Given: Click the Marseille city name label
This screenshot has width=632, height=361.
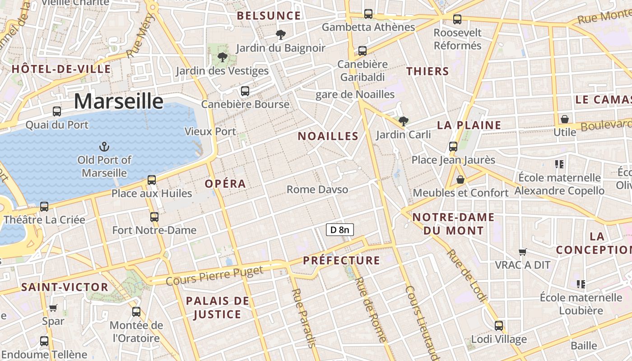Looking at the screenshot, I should [118, 101].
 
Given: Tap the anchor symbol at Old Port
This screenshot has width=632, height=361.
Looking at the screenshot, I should [104, 147].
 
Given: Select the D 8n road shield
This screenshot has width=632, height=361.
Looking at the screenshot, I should [339, 230].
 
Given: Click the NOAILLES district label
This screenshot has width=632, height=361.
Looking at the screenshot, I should [328, 136].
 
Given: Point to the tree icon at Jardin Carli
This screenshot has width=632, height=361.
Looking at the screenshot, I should [404, 121].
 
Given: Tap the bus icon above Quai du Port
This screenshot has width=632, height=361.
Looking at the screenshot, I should [57, 111].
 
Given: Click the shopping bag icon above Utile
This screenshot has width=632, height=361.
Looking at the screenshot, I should [564, 119].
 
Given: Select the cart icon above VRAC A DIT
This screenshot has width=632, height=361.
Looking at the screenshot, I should [523, 252].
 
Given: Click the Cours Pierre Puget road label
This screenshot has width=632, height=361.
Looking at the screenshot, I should [214, 276].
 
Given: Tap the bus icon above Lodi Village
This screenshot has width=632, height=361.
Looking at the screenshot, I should [499, 325].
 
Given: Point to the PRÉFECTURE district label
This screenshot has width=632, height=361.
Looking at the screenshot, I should [341, 260].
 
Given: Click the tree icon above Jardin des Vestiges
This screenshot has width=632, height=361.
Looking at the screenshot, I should [222, 57].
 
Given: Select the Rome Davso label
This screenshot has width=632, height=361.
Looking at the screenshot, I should [317, 189].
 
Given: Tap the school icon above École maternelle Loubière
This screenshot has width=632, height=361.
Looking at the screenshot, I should [581, 284].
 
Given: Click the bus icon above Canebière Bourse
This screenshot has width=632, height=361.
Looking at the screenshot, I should [245, 91].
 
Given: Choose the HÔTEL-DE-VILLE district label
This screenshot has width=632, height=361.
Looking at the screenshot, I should [61, 69].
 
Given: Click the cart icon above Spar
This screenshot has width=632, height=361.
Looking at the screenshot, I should [53, 308].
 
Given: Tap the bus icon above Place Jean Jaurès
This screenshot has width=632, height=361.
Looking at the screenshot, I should [453, 147].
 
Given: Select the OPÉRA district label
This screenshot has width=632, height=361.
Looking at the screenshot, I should [225, 184].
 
